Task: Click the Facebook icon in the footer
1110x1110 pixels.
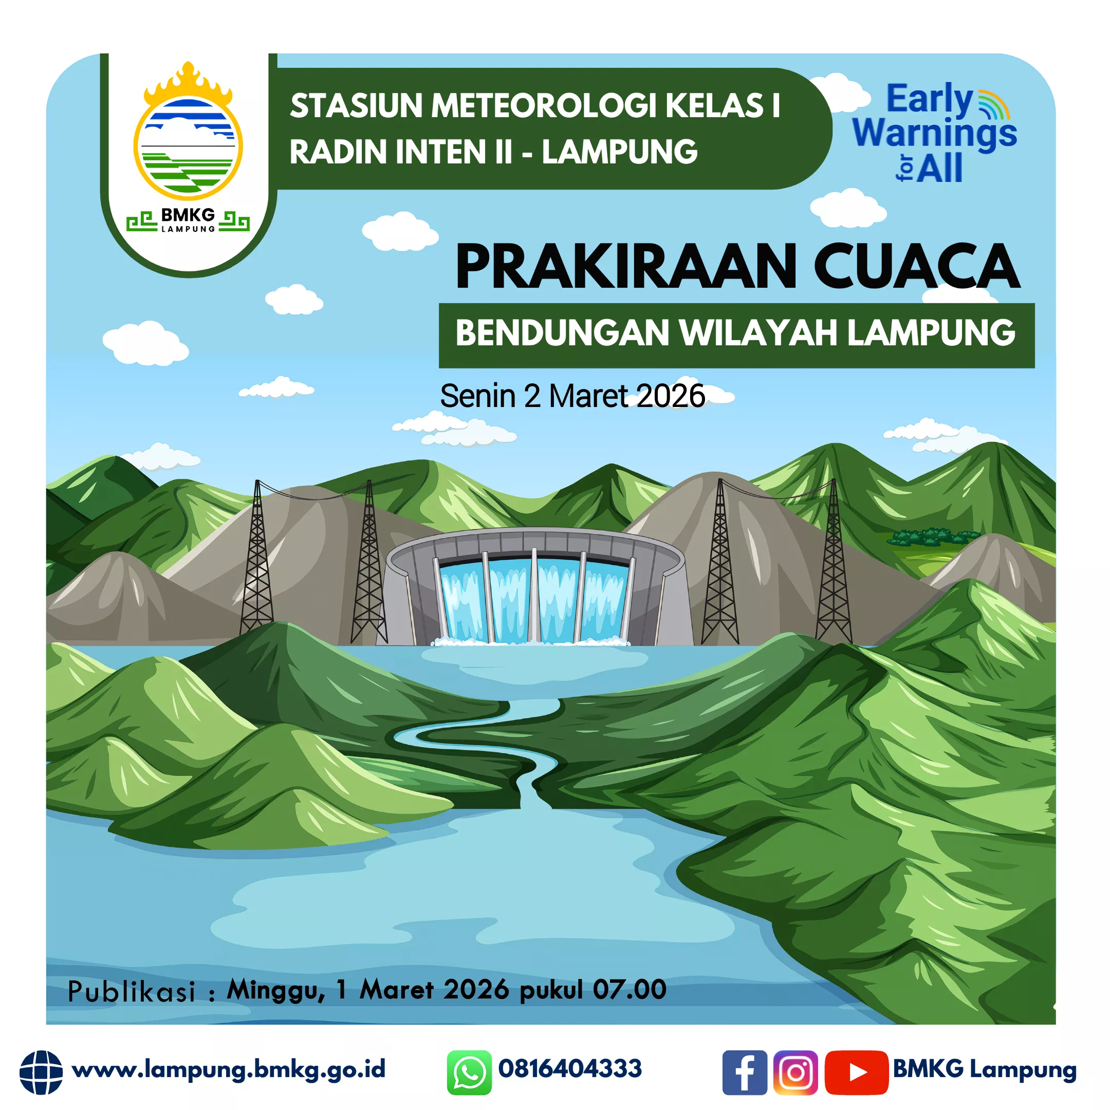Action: click(x=745, y=1072)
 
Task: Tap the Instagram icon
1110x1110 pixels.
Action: click(x=795, y=1072)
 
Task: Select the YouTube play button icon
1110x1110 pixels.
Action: click(x=857, y=1072)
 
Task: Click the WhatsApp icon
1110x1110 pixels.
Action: click(x=469, y=1072)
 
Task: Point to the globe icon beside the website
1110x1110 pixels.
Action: click(x=41, y=1072)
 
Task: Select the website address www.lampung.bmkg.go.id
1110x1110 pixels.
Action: click(x=229, y=1070)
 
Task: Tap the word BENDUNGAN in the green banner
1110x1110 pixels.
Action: click(x=563, y=332)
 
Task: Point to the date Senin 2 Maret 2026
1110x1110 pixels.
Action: click(x=572, y=396)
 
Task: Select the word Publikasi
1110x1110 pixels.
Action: click(x=132, y=992)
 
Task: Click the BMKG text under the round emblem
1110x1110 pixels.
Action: click(x=188, y=215)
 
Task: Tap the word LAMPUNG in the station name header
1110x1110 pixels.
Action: click(x=619, y=152)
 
